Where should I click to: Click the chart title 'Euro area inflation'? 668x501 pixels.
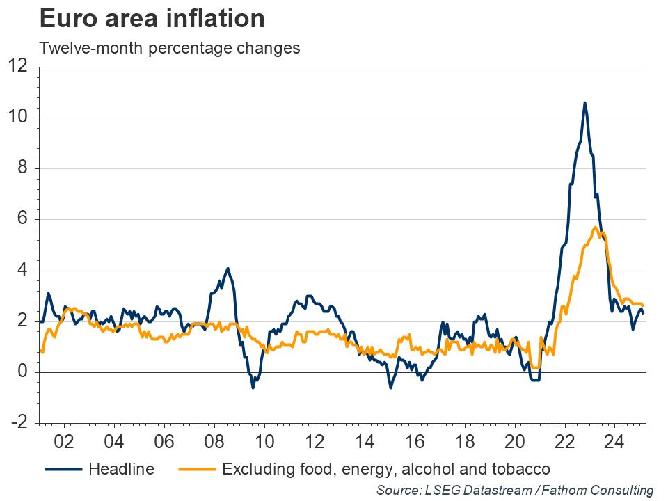(152, 19)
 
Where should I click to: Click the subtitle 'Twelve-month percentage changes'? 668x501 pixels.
(170, 49)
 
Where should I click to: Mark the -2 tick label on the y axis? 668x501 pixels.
(18, 423)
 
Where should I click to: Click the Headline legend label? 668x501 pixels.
(121, 468)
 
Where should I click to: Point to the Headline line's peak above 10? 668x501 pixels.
(584, 103)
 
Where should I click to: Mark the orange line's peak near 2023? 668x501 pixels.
(596, 228)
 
